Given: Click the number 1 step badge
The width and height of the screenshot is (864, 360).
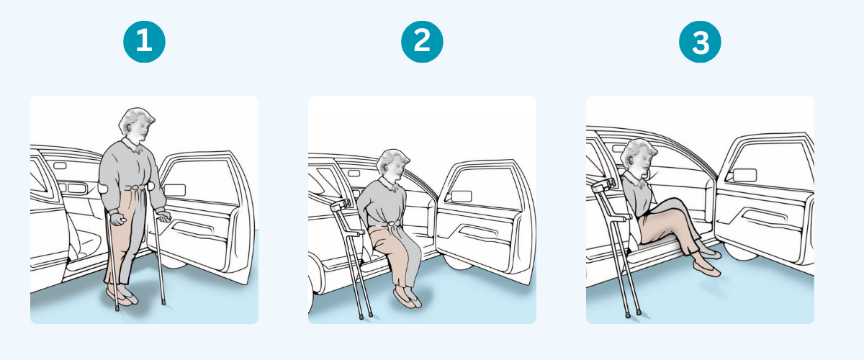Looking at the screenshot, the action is [x=144, y=42].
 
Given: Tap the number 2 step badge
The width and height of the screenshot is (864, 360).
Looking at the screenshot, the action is [x=422, y=42].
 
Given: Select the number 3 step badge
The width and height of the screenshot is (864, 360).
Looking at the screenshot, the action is [x=700, y=42].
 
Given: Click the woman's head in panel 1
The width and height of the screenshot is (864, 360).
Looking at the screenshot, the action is [x=136, y=125].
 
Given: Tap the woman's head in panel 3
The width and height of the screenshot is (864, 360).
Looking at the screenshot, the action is [x=639, y=156].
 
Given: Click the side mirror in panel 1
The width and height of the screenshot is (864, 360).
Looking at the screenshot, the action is [x=175, y=190].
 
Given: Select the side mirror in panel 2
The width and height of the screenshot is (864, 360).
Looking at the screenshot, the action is [x=462, y=197].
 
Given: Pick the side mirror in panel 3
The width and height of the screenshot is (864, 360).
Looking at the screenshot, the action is [x=744, y=175].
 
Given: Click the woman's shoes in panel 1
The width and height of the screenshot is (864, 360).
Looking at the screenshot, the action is [x=122, y=297].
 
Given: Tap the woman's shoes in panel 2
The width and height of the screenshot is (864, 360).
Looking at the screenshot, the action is [x=408, y=297].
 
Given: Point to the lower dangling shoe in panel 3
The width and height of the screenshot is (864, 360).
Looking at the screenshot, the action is [x=706, y=269].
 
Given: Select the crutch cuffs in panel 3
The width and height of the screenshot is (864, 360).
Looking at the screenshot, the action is [x=603, y=185].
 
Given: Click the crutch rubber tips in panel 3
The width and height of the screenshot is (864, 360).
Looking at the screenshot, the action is [x=633, y=313].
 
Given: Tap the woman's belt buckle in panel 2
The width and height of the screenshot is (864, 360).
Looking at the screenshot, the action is [x=392, y=224].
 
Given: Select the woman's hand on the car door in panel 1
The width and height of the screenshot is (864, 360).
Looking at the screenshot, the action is [x=164, y=215].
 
